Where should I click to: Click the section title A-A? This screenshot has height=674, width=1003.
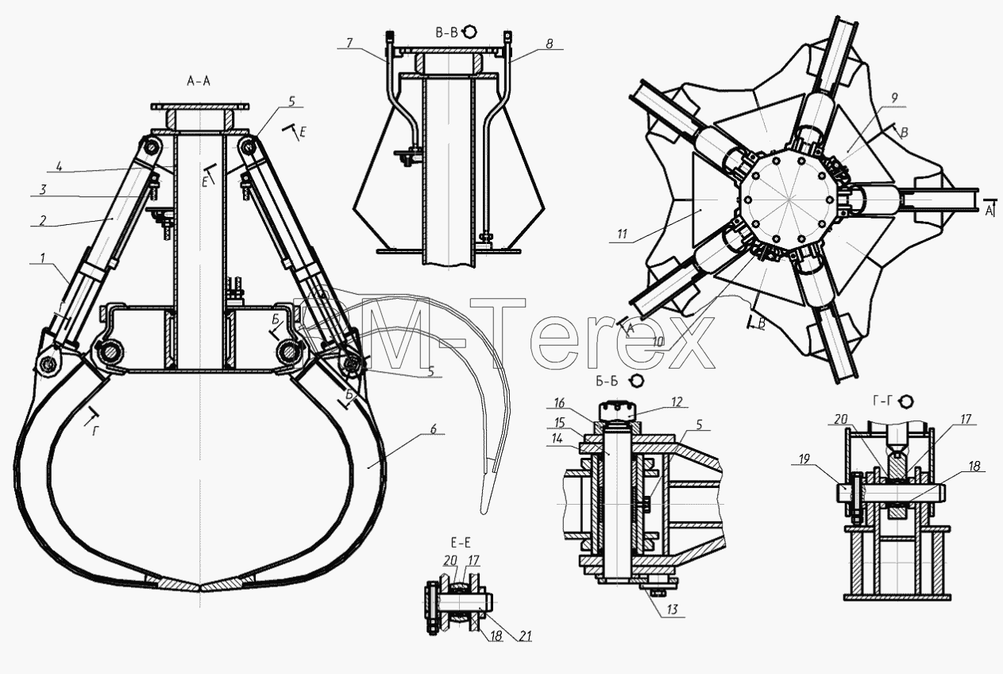[x=199, y=81]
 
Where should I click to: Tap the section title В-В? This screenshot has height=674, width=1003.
[x=446, y=33]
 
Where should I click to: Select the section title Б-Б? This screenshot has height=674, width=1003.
[x=607, y=382]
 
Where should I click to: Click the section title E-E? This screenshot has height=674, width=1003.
[x=461, y=543]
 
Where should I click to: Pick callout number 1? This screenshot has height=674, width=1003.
[x=43, y=258]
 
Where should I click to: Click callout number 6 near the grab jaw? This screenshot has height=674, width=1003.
[x=433, y=429]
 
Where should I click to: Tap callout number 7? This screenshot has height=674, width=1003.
[x=349, y=43]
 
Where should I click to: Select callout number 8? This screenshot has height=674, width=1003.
[x=550, y=44]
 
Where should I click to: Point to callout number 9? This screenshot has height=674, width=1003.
[x=894, y=98]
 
